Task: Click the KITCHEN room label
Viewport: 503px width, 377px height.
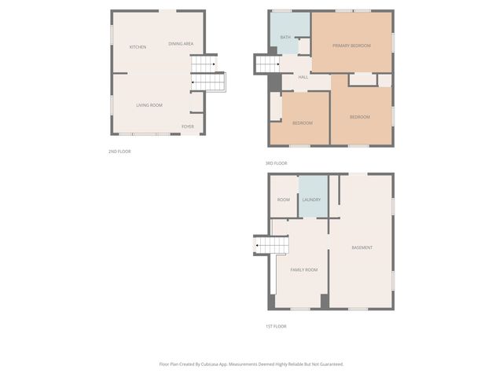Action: coord(138,47)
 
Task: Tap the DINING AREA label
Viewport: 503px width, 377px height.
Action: coord(181,44)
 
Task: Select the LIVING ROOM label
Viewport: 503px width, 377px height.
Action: coord(149,104)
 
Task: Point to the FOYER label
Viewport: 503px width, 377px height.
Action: coord(188,126)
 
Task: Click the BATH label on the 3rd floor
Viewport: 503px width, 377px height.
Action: coord(285,37)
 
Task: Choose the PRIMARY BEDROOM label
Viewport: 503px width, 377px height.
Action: coord(351,46)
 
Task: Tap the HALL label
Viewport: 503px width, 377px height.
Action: coord(303,77)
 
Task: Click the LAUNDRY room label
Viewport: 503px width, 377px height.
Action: coord(311,199)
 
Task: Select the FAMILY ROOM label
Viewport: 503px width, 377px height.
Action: coord(304,269)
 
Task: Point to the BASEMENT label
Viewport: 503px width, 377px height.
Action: coord(362,248)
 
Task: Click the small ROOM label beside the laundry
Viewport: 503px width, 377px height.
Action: coord(284,199)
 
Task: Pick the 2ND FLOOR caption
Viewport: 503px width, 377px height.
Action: coord(119,151)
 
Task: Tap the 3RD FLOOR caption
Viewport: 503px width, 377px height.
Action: coord(276,163)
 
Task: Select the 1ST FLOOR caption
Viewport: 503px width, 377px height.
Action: coord(275,326)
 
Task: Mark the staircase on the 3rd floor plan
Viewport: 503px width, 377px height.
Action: coord(264,64)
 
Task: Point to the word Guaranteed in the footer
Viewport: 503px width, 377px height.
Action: coord(328,364)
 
